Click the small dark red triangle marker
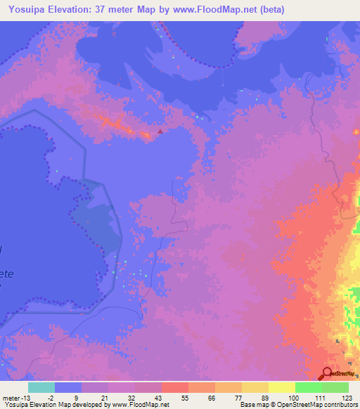160,130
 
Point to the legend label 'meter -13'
18,398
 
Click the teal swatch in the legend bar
41,387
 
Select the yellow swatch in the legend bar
281,387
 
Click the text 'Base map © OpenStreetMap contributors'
299,405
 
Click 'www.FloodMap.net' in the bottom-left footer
141,405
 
